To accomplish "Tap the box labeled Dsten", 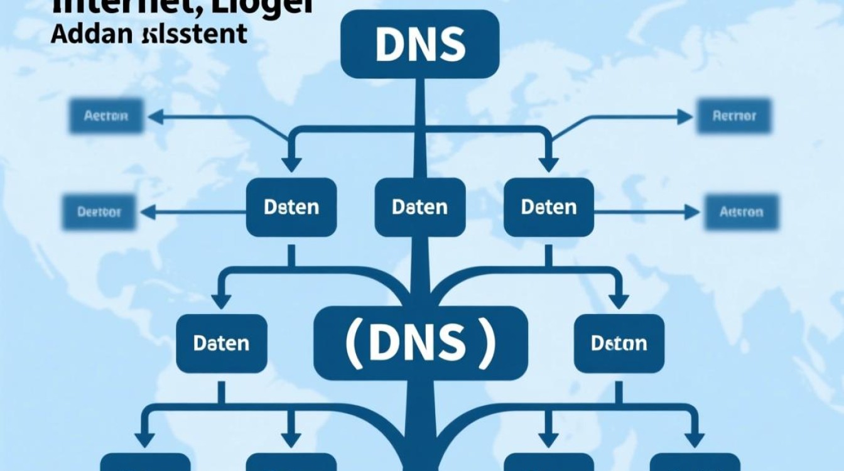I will (x=291, y=207).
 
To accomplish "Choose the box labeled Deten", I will (x=549, y=207).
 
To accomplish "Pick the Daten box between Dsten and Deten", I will (x=419, y=207).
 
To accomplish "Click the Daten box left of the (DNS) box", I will (x=221, y=343).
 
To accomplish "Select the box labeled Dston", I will (x=619, y=343).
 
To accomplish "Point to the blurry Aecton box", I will (x=106, y=116).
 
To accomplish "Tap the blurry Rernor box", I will (x=734, y=116).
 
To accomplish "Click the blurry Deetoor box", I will (x=99, y=212).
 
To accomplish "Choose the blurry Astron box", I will (x=741, y=212).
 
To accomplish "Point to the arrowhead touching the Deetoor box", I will (x=146, y=212).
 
